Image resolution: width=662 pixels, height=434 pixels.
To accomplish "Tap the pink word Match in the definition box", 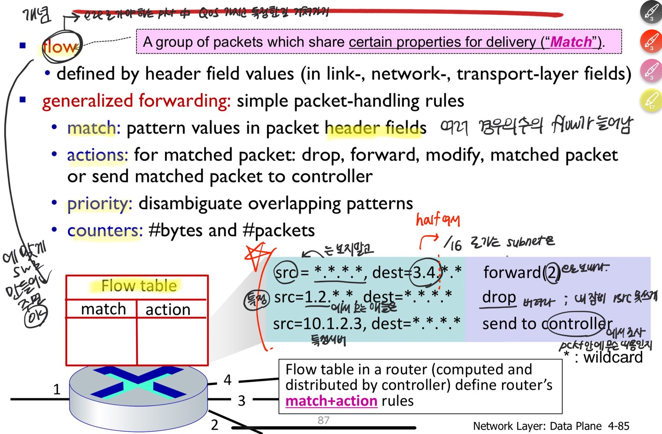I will pos(571,42).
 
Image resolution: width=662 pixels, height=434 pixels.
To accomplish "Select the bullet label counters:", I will pos(105,230).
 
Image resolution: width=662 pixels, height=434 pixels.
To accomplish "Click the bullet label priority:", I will pos(99,203).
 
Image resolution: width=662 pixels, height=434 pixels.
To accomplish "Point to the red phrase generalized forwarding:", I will pos(136,101).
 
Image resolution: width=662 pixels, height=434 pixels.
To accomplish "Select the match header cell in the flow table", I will pos(103,309).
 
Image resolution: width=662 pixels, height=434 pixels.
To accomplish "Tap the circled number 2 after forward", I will pos(552,273).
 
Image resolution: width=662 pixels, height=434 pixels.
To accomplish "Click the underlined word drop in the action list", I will pos(499,297).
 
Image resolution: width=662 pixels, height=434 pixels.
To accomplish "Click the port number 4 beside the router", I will pos(228,380).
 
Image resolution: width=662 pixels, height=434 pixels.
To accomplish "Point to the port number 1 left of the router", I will pos(57,389).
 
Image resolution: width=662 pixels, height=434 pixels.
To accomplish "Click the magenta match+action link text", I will pos(331,401).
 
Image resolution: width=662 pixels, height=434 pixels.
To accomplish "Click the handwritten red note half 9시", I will pos(437,220).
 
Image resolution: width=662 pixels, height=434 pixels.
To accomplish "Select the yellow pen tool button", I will pos(651,101).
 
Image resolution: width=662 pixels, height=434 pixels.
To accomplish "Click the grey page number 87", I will pos(324,420).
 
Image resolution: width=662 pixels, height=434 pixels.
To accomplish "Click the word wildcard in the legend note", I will pos(613,357).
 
